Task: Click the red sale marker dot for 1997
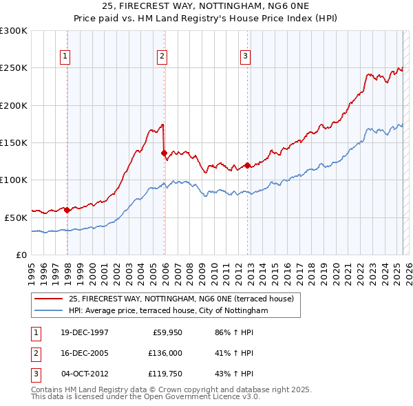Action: [67, 211]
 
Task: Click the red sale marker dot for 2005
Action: [164, 153]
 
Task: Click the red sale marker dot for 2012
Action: [247, 165]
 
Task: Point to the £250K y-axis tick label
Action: [13, 68]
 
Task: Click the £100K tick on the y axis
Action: [13, 180]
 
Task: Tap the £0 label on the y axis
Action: [21, 255]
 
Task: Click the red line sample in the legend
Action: [48, 299]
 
